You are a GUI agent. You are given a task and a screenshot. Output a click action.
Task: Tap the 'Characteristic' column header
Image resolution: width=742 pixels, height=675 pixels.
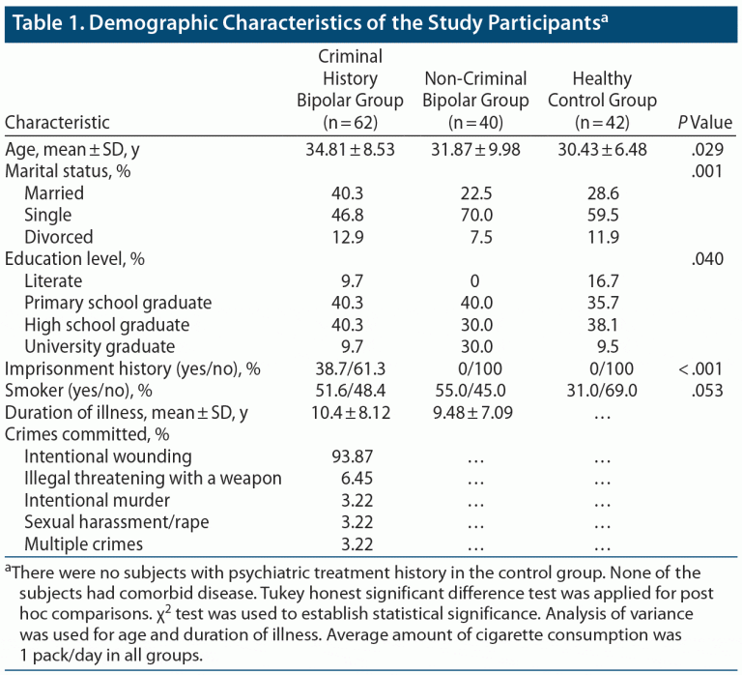pos(58,123)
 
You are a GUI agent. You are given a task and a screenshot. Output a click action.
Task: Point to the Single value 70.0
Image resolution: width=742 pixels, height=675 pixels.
pos(474,215)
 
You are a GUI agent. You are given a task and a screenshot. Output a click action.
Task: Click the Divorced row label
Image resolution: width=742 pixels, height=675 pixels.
pos(59,237)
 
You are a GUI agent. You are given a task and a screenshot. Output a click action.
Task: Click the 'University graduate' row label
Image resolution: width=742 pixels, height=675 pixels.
pos(100,346)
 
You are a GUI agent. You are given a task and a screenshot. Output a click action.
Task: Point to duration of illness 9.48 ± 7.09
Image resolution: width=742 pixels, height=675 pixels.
pos(474,413)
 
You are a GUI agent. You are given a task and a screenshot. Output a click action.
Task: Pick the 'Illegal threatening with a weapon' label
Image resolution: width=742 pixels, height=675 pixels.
pos(153,479)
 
